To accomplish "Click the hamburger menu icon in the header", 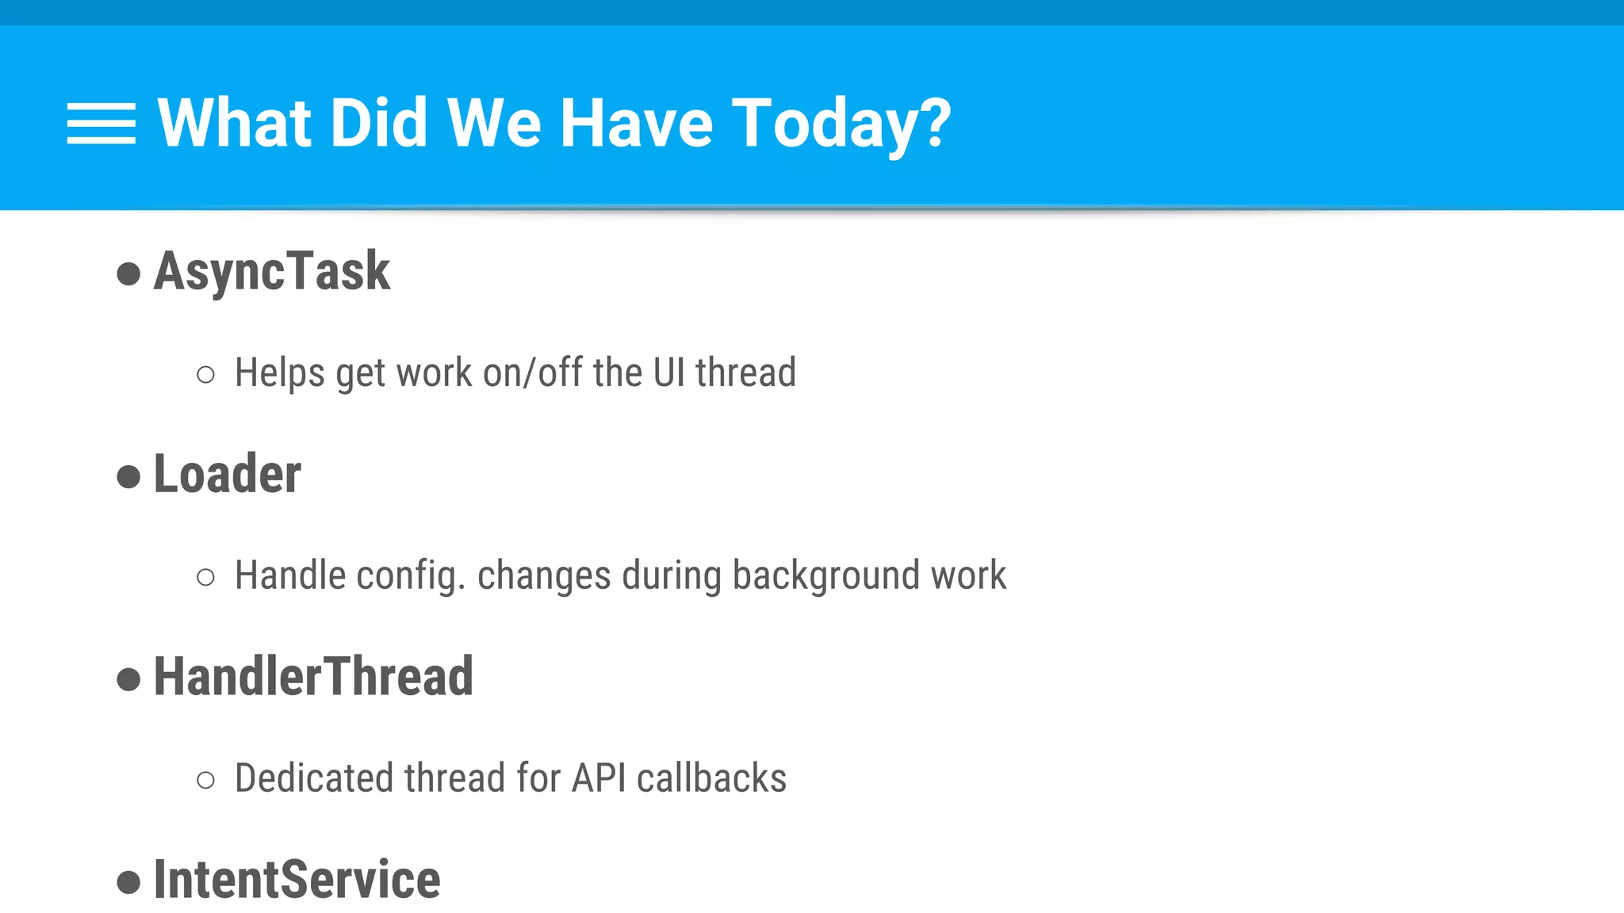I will point(101,124).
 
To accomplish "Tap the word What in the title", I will point(235,124).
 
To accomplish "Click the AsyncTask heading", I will point(271,272).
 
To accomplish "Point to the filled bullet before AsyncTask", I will point(128,274).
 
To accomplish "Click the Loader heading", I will point(227,475).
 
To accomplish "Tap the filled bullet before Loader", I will point(128,477).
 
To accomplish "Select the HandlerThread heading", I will point(313,678).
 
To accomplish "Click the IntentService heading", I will point(297,880).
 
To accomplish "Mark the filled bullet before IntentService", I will point(128,882).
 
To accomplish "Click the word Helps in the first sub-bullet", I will point(279,373).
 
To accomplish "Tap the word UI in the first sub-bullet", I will point(668,373).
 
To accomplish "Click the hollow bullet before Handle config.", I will point(205,578).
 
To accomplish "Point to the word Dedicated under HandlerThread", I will point(314,778).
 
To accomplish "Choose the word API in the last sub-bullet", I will point(599,778).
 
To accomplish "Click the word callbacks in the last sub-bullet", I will point(711,778).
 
